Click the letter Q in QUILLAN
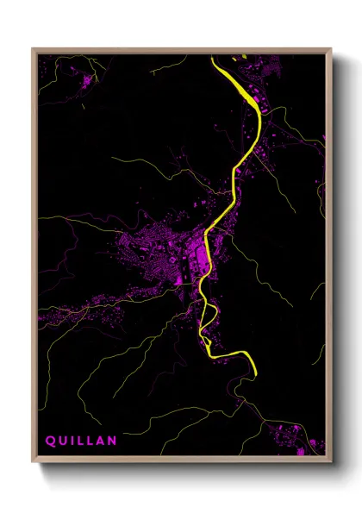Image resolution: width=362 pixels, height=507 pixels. (49, 441)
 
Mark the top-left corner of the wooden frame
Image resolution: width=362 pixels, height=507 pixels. (33, 49)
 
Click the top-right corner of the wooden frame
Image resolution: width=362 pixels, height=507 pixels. (332, 49)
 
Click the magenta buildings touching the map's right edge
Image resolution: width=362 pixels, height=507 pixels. (324, 138)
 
